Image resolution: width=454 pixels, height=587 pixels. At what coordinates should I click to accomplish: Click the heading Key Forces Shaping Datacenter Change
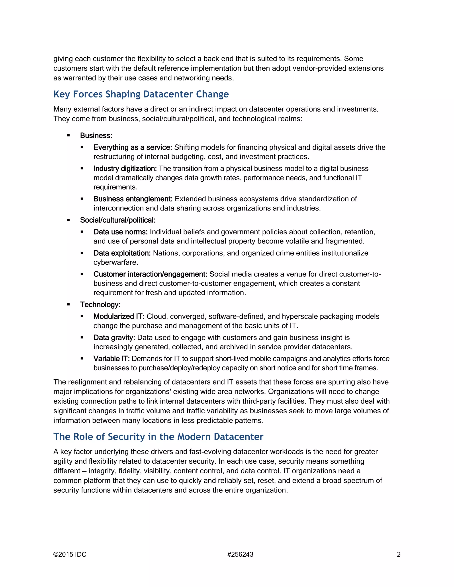pyautogui.click(x=141, y=94)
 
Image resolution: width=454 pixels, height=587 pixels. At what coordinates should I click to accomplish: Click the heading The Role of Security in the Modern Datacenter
pyautogui.click(x=158, y=437)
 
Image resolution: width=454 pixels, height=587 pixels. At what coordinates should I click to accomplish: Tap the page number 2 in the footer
pyautogui.click(x=399, y=554)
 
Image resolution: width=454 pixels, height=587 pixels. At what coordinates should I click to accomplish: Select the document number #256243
pyautogui.click(x=240, y=554)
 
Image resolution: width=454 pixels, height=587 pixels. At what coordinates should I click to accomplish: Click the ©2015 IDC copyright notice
pyautogui.click(x=70, y=554)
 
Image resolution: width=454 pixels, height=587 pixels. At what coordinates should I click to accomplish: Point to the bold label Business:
pyautogui.click(x=96, y=136)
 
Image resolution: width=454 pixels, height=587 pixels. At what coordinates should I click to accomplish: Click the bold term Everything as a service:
pyautogui.click(x=133, y=147)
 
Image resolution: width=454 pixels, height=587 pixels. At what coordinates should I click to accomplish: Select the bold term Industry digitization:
pyautogui.click(x=125, y=169)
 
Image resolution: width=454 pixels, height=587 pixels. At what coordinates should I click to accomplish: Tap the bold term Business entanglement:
pyautogui.click(x=133, y=199)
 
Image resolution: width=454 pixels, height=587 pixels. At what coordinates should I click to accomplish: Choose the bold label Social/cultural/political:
pyautogui.click(x=118, y=220)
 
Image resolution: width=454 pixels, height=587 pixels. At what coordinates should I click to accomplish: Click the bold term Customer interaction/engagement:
pyautogui.click(x=150, y=274)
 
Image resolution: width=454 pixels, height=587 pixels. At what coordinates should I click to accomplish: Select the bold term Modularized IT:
pyautogui.click(x=119, y=316)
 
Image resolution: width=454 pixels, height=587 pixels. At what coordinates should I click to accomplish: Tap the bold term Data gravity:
pyautogui.click(x=114, y=338)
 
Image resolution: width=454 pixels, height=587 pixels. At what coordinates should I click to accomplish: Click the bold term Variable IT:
pyautogui.click(x=111, y=359)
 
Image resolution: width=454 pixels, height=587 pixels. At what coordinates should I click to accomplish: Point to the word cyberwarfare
pyautogui.click(x=115, y=262)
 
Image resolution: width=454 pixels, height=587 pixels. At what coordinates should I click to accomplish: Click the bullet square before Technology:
pyautogui.click(x=68, y=305)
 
